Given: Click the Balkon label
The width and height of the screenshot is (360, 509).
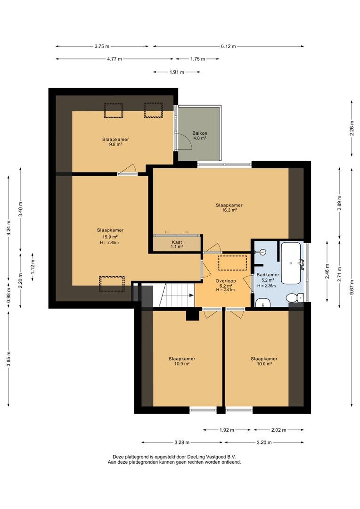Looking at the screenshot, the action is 200,133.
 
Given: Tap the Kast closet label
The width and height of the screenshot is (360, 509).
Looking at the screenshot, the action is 177,242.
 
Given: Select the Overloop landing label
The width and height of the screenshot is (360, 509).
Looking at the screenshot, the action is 226,281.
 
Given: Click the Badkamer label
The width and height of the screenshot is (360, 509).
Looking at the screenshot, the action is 268,275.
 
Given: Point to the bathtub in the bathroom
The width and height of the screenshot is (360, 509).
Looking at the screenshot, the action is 291,263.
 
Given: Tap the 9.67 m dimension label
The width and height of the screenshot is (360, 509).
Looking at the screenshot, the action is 352,287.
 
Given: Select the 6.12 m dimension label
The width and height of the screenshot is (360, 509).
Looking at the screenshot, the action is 228,46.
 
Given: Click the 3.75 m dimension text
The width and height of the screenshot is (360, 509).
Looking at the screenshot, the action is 102,46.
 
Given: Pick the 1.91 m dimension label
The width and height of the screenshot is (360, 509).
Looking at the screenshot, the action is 177,72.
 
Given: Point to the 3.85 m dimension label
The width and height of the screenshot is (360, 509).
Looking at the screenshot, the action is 9,359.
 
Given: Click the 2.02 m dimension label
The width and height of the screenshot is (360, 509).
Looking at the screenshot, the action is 278,430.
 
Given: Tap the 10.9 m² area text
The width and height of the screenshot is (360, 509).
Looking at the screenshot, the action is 182,364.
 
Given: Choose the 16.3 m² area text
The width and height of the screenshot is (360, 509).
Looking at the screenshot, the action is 229,210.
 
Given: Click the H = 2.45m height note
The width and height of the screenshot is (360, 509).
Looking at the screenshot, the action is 110,243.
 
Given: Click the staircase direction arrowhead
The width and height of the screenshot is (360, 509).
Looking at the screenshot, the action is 192,295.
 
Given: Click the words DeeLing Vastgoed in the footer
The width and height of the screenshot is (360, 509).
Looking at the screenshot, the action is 206,456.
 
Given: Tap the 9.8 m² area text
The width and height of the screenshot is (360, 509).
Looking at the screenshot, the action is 115,145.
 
